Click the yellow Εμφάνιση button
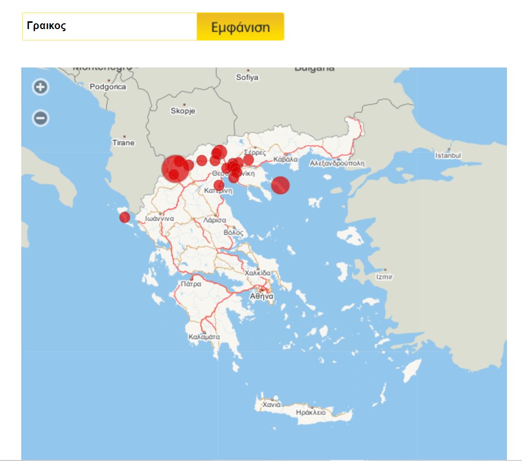pos(240,27)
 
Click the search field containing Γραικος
pos(109,26)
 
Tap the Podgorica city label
pos(108,87)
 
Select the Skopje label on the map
pos(183,111)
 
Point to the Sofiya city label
pos(247,77)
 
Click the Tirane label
pos(123,142)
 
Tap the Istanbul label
pos(448,155)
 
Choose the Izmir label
pos(384,277)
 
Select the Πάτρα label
pos(190,284)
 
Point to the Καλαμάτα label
pos(204,337)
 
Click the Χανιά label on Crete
pos(271,404)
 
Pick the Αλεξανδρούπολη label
pos(337,163)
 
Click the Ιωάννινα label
pos(159,219)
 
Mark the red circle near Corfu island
pos(125,218)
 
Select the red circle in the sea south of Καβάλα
pos(280,185)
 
